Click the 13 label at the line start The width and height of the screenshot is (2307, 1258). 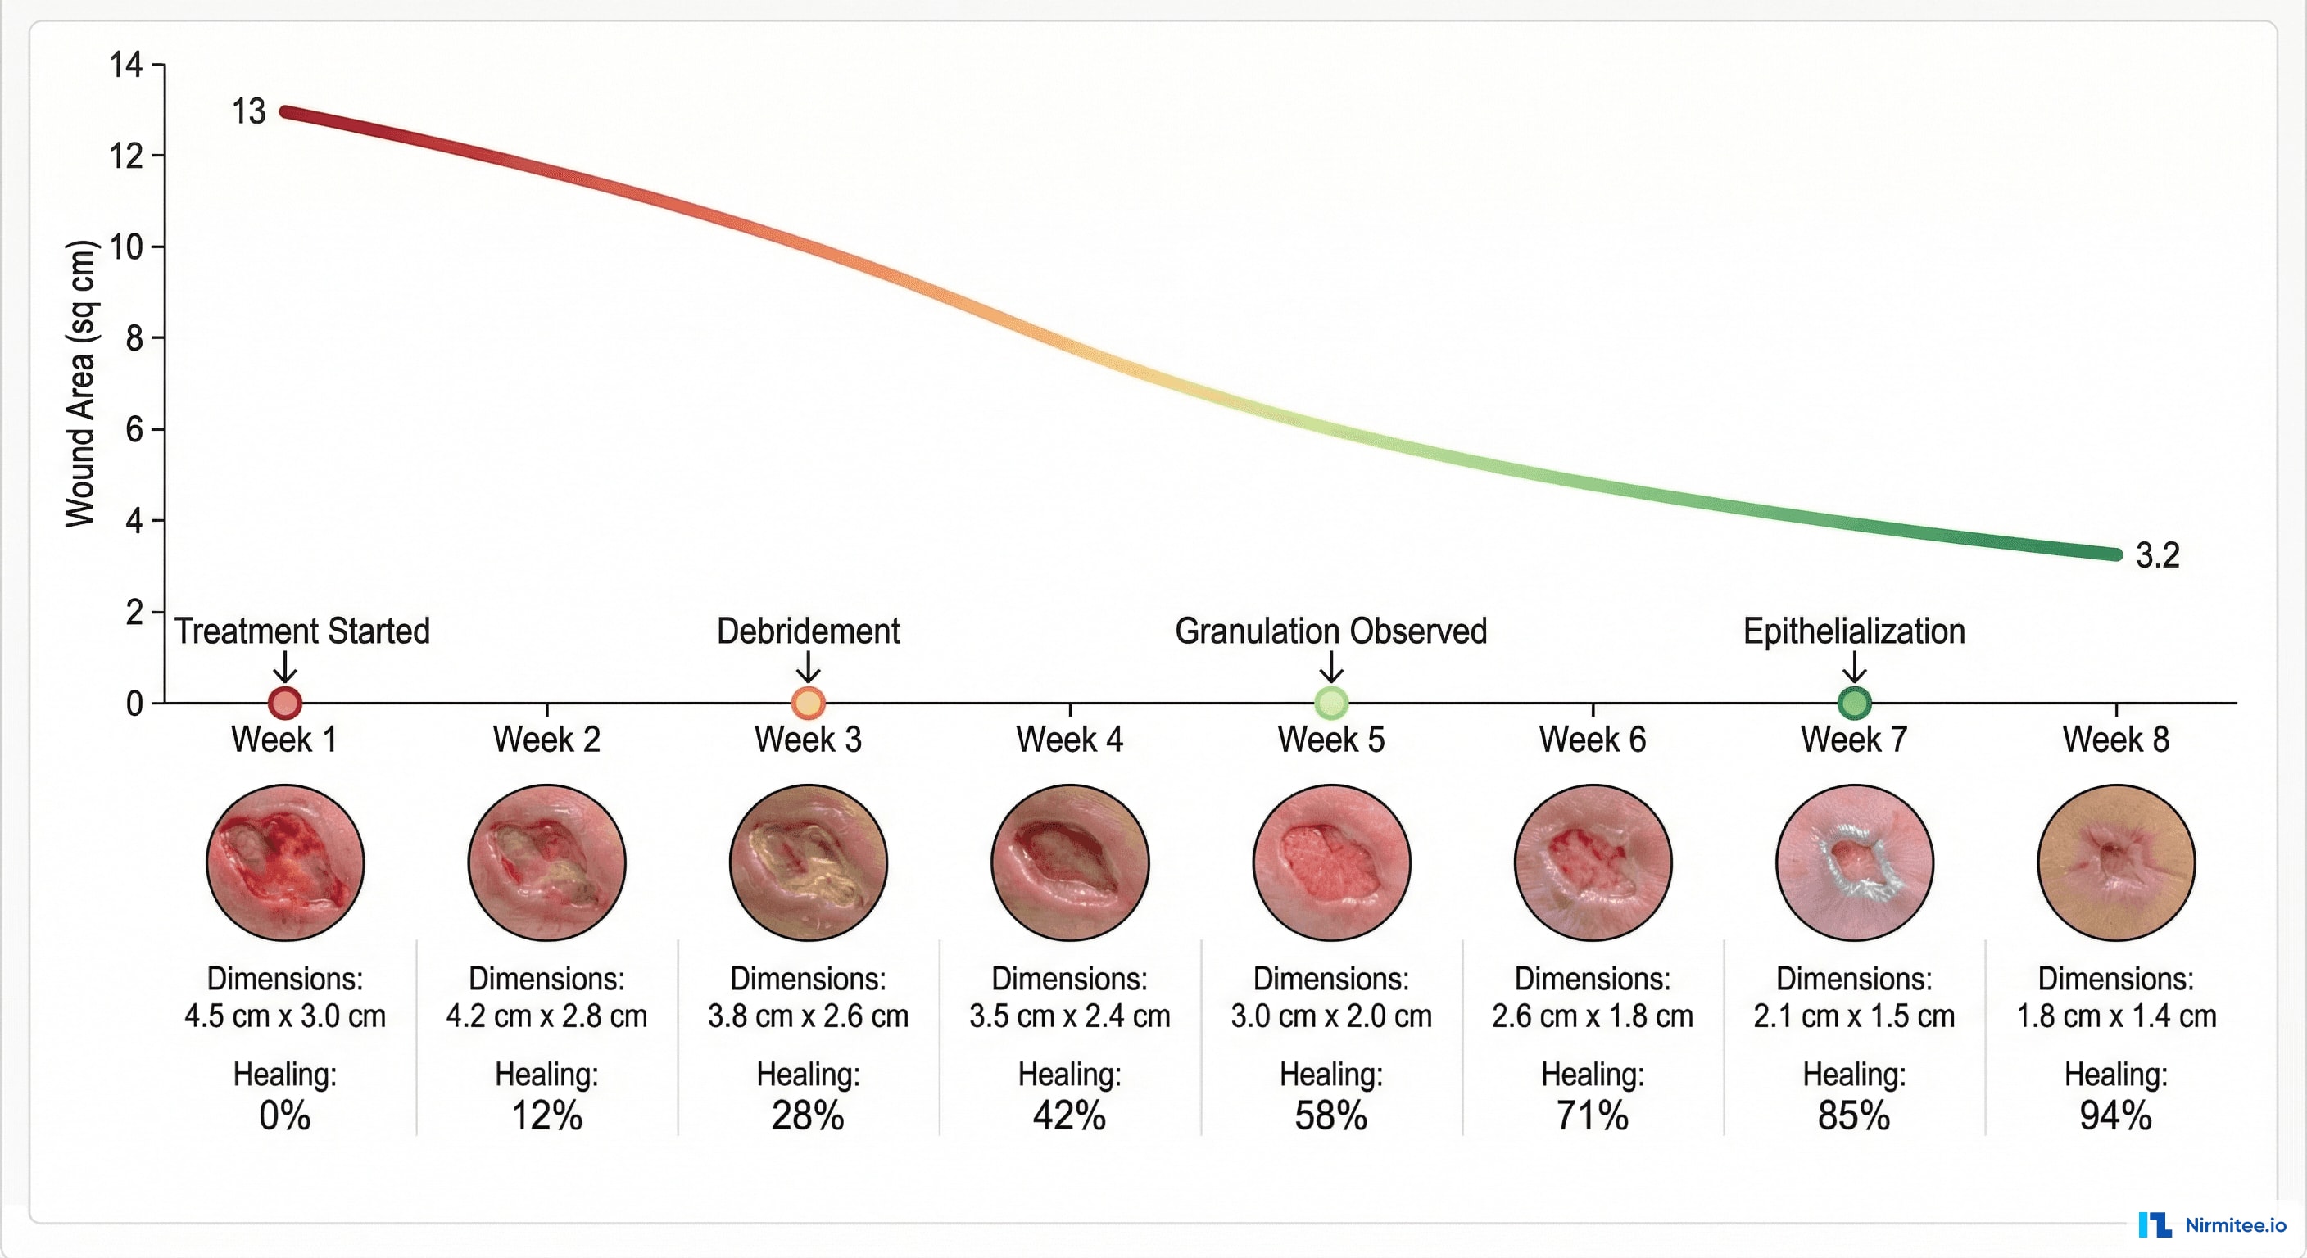[x=248, y=112]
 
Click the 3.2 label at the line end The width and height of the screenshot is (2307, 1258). [x=2156, y=555]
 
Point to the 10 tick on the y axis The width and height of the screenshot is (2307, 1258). [x=126, y=247]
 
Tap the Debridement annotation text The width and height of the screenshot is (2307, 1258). [x=808, y=631]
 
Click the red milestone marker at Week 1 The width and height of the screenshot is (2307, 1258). [x=285, y=703]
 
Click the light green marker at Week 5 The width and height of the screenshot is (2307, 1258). [x=1330, y=703]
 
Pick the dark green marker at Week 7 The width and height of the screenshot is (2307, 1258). [x=1854, y=703]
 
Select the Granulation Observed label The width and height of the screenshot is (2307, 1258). [x=1330, y=631]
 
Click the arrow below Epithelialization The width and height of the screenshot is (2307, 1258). [x=1854, y=667]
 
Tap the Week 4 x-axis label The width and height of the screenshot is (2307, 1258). [x=1069, y=740]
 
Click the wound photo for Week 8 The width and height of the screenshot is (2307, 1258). [x=2115, y=862]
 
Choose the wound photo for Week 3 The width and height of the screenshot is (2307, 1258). [x=808, y=862]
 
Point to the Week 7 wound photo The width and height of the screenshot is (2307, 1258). [x=1854, y=862]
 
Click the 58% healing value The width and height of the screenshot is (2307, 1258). [x=1330, y=1115]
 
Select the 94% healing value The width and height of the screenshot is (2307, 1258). [x=2115, y=1115]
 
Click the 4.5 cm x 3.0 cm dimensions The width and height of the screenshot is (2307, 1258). [x=285, y=1016]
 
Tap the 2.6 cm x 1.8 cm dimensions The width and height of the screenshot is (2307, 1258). [x=1593, y=1016]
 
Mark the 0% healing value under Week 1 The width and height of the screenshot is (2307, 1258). [x=285, y=1115]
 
